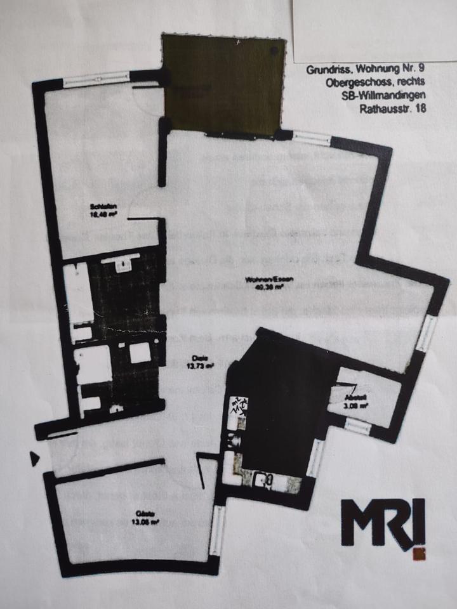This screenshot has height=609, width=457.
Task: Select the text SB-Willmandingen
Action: click(x=386, y=95)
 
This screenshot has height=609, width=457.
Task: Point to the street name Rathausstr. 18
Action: click(x=393, y=108)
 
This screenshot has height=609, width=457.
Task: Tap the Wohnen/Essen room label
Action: click(x=264, y=280)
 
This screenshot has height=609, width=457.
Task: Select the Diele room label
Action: click(x=199, y=358)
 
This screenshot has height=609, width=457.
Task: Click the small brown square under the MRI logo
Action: click(x=418, y=554)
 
